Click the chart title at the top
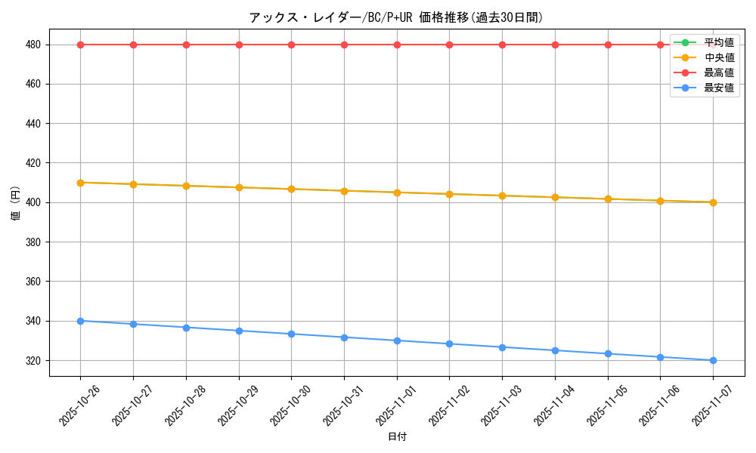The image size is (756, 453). point(396,17)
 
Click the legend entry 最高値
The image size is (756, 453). point(719,72)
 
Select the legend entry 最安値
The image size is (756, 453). point(719,88)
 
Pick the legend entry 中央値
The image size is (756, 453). point(719,57)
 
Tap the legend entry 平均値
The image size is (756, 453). point(719,42)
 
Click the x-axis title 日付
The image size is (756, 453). point(397,437)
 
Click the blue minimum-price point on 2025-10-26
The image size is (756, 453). point(80,321)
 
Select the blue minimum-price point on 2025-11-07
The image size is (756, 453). point(713,360)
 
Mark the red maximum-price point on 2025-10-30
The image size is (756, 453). point(291,45)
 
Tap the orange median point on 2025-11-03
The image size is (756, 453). point(502,196)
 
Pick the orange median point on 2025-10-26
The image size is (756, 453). point(80,183)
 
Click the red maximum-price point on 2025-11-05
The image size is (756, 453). point(608,45)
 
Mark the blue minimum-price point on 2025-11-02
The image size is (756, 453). point(449,344)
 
